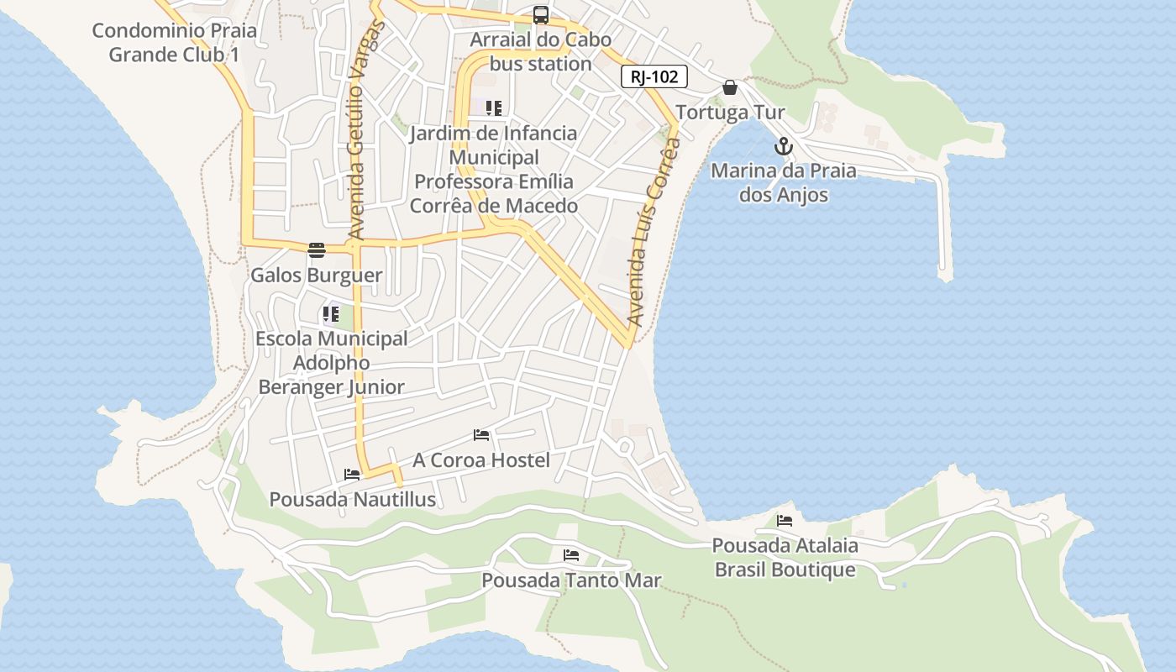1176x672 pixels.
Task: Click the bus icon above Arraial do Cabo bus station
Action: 541,15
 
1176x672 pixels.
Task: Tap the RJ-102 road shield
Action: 654,76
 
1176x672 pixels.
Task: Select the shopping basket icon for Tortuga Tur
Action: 730,87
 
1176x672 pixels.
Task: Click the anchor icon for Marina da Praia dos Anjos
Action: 783,146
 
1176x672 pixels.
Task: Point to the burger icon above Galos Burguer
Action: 317,249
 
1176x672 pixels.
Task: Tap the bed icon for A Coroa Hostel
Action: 481,434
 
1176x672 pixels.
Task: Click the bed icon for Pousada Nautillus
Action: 352,474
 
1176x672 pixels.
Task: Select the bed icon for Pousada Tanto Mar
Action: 571,554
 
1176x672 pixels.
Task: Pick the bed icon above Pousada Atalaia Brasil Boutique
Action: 785,520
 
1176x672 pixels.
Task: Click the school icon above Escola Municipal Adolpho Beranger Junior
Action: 331,314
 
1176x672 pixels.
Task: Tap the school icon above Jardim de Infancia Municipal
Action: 494,108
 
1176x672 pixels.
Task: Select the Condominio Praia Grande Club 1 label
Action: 174,43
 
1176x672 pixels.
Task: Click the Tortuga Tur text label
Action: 730,113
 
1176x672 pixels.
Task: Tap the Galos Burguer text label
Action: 317,276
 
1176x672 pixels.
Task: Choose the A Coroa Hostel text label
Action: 481,460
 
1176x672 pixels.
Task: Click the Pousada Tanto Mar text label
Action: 571,580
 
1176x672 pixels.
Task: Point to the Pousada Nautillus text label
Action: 352,500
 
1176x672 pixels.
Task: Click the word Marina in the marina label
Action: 742,171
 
